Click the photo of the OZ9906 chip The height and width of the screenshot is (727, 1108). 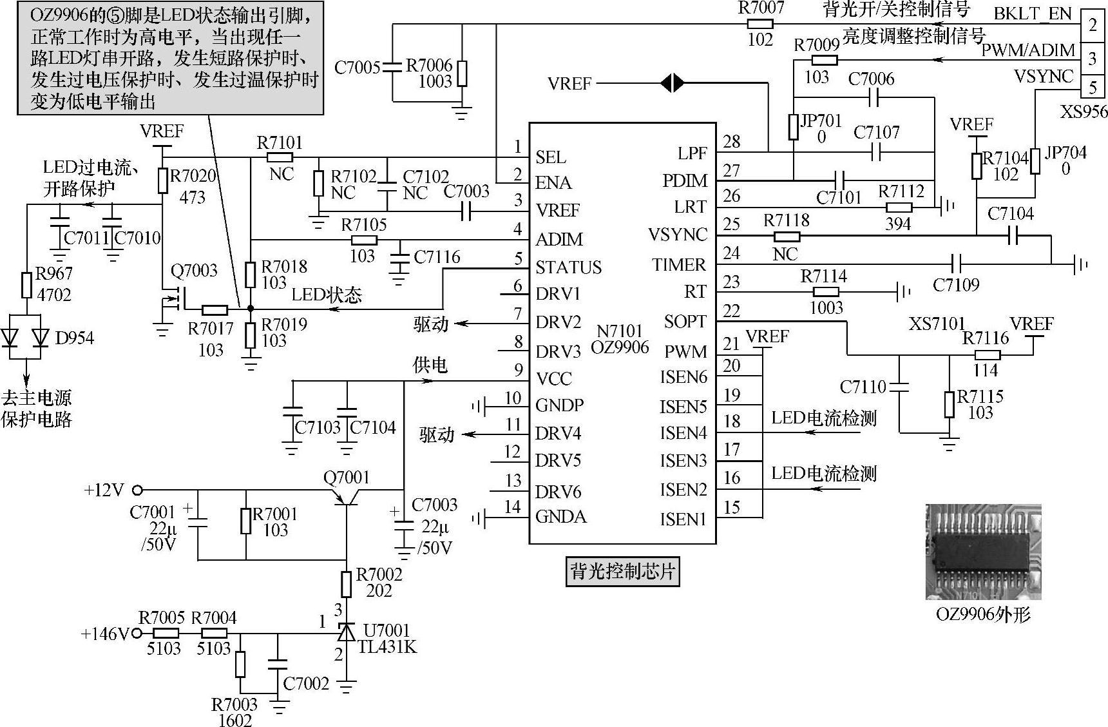pyautogui.click(x=982, y=551)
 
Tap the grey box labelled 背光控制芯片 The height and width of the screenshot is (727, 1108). pyautogui.click(x=622, y=571)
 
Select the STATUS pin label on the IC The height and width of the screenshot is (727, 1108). pyautogui.click(x=568, y=267)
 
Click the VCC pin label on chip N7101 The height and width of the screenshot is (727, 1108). pyautogui.click(x=553, y=378)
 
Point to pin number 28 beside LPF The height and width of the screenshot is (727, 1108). pyautogui.click(x=731, y=142)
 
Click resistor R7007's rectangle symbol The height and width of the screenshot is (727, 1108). pyautogui.click(x=760, y=24)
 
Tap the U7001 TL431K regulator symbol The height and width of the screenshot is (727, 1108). pyautogui.click(x=347, y=632)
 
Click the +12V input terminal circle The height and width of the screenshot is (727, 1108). pyautogui.click(x=137, y=490)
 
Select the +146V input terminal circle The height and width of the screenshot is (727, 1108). pyautogui.click(x=137, y=634)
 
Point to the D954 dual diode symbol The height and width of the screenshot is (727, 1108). pyautogui.click(x=26, y=337)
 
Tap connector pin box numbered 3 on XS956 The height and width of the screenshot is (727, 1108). pyautogui.click(x=1093, y=59)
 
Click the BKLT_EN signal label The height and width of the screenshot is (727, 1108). pyautogui.click(x=1032, y=14)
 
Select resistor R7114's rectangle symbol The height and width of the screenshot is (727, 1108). pyautogui.click(x=826, y=292)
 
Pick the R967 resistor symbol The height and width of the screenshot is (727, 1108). pyautogui.click(x=26, y=284)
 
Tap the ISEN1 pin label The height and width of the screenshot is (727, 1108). pyautogui.click(x=683, y=519)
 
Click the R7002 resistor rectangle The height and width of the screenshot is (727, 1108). pyautogui.click(x=347, y=583)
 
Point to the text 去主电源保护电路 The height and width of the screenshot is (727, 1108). pyautogui.click(x=37, y=409)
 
